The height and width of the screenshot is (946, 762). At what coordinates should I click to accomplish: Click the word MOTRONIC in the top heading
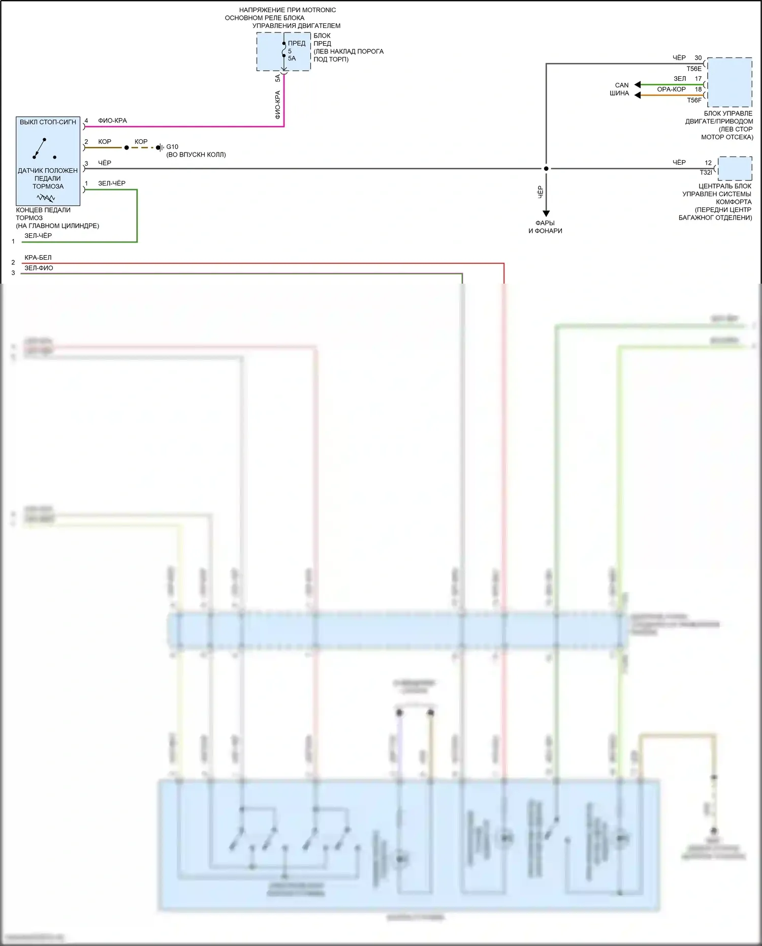point(319,10)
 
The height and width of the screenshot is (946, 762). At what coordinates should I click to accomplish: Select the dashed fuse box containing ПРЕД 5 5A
point(283,51)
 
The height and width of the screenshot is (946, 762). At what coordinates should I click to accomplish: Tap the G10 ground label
point(172,147)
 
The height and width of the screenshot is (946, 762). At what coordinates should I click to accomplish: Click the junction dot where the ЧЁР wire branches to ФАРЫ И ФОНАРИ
point(546,168)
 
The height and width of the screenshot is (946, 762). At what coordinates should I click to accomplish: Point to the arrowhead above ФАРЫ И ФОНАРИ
point(546,213)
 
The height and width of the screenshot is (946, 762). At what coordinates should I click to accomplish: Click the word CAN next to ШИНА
point(622,85)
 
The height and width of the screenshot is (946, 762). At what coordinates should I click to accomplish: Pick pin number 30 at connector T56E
point(698,58)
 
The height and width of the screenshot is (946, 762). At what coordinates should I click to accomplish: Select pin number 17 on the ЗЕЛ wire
point(698,79)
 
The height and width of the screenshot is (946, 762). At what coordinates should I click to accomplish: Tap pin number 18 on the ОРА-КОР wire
point(698,89)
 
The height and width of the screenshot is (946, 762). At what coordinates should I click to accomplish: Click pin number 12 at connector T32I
point(708,163)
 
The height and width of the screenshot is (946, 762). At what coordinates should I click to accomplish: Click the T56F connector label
point(694,100)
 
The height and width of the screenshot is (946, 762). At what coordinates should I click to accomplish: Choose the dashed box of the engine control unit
point(729,82)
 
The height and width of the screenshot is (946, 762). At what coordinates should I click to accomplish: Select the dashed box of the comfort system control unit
point(735,168)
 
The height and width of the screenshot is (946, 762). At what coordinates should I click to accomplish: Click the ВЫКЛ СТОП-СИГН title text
point(48,122)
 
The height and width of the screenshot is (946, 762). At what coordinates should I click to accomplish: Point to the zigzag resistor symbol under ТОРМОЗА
point(46,198)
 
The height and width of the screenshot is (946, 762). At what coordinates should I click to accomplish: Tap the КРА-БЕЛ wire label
point(38,258)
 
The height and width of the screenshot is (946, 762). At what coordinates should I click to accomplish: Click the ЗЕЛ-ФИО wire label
point(39,268)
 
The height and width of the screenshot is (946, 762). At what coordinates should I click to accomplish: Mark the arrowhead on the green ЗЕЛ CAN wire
point(638,84)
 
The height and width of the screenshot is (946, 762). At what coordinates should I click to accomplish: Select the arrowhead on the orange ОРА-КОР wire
point(638,95)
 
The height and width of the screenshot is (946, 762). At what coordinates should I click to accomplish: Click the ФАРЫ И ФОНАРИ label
point(545,227)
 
